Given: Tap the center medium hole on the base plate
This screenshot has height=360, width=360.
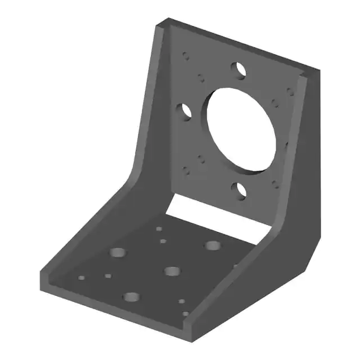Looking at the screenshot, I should [172, 271].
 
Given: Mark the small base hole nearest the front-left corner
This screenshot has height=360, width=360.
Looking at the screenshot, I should [82, 278].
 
